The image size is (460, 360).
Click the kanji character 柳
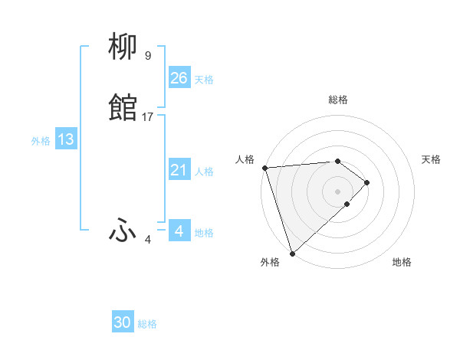click(x=123, y=48)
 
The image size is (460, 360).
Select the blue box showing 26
click(x=179, y=77)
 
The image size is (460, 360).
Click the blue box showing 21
click(x=179, y=170)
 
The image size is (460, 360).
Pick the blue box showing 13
click(x=66, y=139)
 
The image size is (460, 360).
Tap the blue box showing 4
click(x=179, y=231)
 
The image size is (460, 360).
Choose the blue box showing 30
click(x=123, y=322)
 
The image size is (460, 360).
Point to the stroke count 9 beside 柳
click(x=148, y=56)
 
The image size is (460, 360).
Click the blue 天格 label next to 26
click(x=204, y=80)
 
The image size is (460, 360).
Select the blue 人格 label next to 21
click(x=204, y=172)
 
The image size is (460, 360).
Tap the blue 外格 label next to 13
click(x=40, y=141)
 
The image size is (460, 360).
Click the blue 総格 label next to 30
click(x=147, y=325)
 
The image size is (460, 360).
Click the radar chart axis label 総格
click(x=338, y=100)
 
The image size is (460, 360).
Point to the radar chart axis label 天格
click(x=432, y=159)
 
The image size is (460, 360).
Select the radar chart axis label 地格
click(x=402, y=262)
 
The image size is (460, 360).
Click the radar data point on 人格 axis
click(x=264, y=168)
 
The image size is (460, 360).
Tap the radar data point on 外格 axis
click(x=292, y=253)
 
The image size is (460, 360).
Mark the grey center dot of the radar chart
click(x=338, y=191)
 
